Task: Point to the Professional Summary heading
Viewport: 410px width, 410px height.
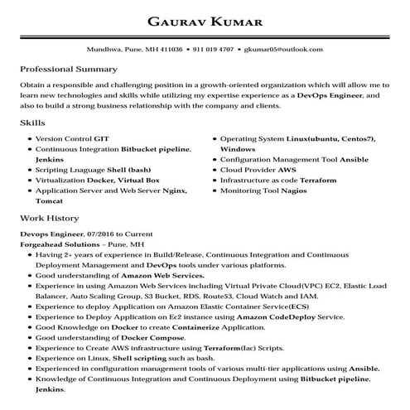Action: (x=68, y=69)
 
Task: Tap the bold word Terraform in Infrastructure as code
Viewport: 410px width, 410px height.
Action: (x=319, y=179)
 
